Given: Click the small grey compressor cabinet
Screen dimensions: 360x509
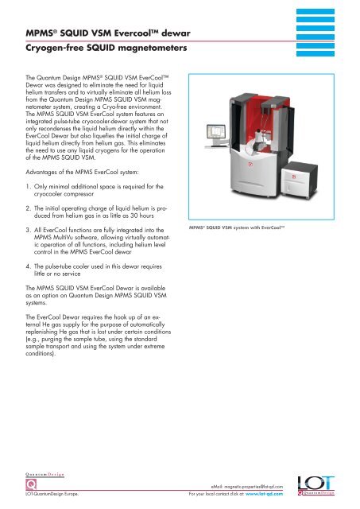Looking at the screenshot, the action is pyautogui.click(x=299, y=180).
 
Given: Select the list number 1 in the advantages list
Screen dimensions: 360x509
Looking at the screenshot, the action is pyautogui.click(x=29, y=187).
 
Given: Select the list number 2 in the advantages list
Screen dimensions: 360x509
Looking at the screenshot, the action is pyautogui.click(x=29, y=208).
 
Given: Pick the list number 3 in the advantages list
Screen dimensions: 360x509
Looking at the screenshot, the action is pyautogui.click(x=29, y=230).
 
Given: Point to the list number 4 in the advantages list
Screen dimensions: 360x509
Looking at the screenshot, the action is pyautogui.click(x=29, y=266).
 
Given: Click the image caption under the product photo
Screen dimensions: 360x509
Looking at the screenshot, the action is pyautogui.click(x=237, y=227).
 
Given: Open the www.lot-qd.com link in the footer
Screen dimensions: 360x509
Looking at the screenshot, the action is pyautogui.click(x=264, y=494).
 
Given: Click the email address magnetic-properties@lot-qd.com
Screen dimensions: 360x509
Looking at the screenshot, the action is pyautogui.click(x=254, y=487).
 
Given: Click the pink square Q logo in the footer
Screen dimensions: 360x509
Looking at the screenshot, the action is pyautogui.click(x=31, y=484).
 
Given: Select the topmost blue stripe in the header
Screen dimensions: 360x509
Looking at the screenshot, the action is pyautogui.click(x=315, y=11).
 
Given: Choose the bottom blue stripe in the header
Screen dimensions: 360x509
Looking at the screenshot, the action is pyautogui.click(x=315, y=53).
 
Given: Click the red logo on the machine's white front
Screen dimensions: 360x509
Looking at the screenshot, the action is pyautogui.click(x=250, y=165).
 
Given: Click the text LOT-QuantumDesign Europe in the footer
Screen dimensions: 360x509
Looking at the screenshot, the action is pyautogui.click(x=52, y=494).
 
